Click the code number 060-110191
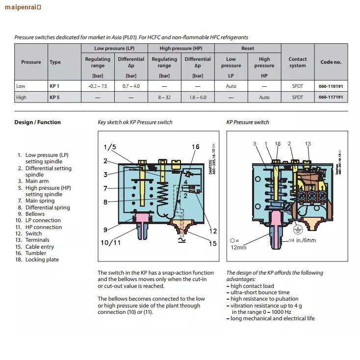331,86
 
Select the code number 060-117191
331,97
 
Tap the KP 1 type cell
54,86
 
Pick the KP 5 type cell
54,97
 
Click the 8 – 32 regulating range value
164,97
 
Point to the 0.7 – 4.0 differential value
131,86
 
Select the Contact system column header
297,62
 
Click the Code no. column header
331,62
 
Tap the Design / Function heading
38,122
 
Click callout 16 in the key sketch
195,147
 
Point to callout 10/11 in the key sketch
110,242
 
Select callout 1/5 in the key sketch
110,147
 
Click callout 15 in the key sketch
212,243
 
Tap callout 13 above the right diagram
308,144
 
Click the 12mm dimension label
238,247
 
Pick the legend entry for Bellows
35,214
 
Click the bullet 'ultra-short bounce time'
260,292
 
